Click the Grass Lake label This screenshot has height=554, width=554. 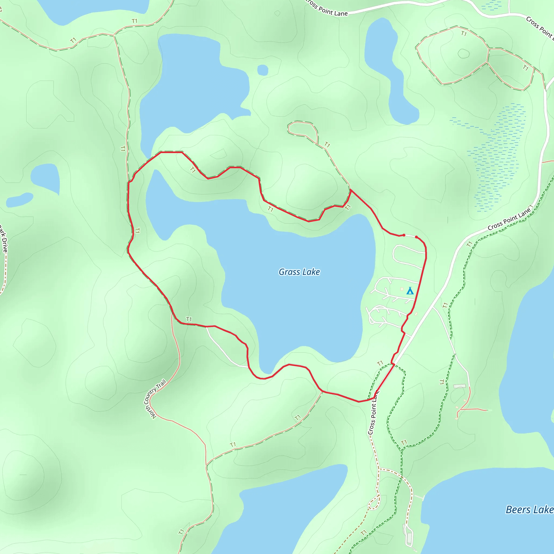[299, 272]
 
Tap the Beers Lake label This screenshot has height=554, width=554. [529, 510]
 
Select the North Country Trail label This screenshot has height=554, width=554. [155, 399]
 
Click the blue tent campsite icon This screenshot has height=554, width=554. [410, 291]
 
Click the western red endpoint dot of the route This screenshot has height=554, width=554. [404, 235]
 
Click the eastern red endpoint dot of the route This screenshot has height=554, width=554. [416, 237]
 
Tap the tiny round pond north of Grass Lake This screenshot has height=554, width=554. [263, 70]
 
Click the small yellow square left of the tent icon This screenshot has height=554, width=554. [402, 289]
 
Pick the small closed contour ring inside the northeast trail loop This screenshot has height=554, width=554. [463, 54]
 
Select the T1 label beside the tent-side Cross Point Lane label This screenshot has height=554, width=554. [469, 244]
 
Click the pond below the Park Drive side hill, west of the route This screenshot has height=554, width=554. [46, 178]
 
